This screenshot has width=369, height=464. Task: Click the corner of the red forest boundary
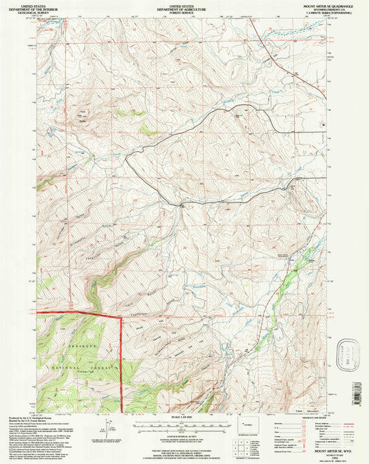click(121, 316)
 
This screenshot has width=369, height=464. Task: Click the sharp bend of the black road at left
click(127, 159)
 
